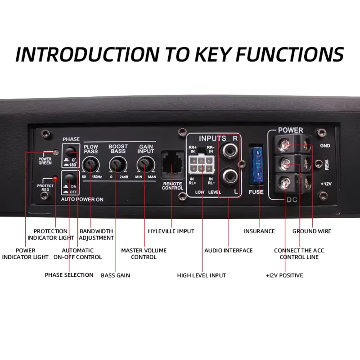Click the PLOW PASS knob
point(91,166)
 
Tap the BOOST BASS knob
point(118,166)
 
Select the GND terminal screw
point(284,145)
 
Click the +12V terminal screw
point(284,182)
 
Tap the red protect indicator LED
point(55,179)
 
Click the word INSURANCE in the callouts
point(259,231)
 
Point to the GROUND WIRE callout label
point(311,231)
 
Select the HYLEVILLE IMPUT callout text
point(171,231)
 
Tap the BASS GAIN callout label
point(115,275)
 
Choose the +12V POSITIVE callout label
point(284,275)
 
